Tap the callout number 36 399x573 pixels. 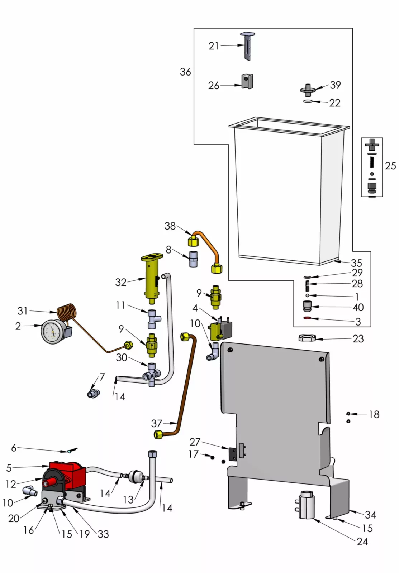[185, 72]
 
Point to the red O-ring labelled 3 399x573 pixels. [307, 318]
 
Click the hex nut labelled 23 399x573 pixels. [307, 338]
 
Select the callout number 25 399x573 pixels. [390, 166]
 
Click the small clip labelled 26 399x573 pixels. [247, 82]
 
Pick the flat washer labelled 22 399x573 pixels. [307, 102]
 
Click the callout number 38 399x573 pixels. [170, 226]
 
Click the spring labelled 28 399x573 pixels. [307, 284]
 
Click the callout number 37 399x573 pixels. [157, 423]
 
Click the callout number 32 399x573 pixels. [121, 282]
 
